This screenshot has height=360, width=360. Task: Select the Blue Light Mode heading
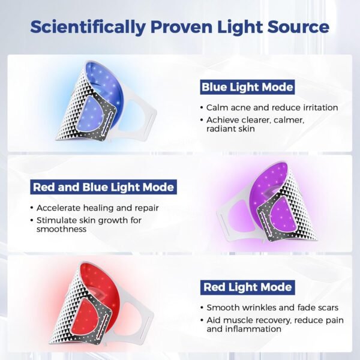pyautogui.click(x=247, y=88)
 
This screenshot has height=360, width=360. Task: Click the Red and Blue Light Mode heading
pyautogui.click(x=103, y=187)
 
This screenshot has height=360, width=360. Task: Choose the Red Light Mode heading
pyautogui.click(x=248, y=287)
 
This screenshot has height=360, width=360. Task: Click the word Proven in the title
pyautogui.click(x=178, y=26)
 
